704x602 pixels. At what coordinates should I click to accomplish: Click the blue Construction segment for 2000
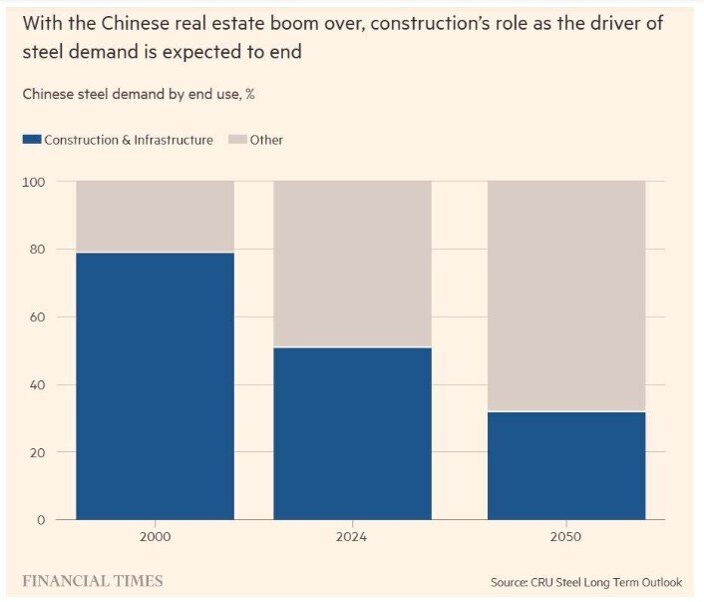[155, 385]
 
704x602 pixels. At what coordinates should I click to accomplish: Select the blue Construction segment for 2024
[352, 433]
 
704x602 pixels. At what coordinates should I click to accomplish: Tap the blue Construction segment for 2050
[565, 465]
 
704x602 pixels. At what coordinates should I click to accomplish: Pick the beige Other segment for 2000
[155, 216]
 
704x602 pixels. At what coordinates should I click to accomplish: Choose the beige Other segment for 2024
[352, 264]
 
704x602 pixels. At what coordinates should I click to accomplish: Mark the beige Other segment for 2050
[565, 296]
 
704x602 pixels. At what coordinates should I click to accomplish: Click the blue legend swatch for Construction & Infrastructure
[30, 140]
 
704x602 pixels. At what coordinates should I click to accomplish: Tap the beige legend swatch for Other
[235, 140]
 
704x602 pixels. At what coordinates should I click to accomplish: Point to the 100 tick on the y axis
[34, 182]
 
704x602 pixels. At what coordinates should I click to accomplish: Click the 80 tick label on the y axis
[38, 250]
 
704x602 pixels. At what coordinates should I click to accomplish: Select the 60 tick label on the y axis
[38, 317]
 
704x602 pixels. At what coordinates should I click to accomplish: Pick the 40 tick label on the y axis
[38, 385]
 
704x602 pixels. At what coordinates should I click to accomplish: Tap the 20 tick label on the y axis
[38, 452]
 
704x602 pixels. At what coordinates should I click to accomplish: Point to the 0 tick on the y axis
[42, 520]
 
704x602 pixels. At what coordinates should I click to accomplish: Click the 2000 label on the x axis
[155, 537]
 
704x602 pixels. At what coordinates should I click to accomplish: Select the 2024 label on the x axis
[352, 537]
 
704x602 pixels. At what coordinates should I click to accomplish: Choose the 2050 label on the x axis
[565, 537]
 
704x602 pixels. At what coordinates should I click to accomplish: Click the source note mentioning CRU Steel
[586, 582]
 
